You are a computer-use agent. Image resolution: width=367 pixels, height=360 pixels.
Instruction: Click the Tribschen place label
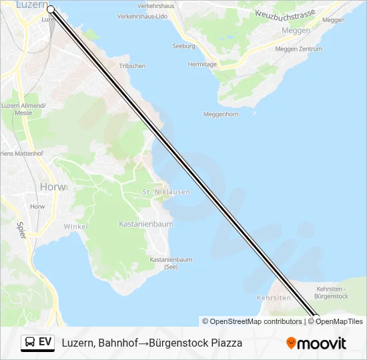(131, 66)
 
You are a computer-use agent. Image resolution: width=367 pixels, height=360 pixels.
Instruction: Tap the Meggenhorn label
(220, 114)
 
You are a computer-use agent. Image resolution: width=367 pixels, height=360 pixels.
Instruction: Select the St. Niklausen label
(166, 192)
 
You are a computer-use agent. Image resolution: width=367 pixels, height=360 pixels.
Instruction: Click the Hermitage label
(202, 65)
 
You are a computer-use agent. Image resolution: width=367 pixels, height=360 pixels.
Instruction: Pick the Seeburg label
(183, 47)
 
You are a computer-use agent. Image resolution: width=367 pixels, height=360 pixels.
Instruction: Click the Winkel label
(75, 227)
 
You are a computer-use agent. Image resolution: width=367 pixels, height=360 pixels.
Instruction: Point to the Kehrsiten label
(274, 297)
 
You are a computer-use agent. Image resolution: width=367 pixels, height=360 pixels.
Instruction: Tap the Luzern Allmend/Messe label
(23, 109)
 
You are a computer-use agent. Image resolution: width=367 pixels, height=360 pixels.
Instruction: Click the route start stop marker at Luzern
(51, 9)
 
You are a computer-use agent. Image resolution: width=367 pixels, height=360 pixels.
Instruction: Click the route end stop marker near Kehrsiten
(316, 319)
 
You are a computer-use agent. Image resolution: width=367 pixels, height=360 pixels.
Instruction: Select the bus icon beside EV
(30, 343)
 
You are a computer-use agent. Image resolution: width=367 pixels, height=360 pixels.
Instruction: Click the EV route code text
(45, 343)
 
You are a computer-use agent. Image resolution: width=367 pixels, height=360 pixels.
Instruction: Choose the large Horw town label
(53, 187)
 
